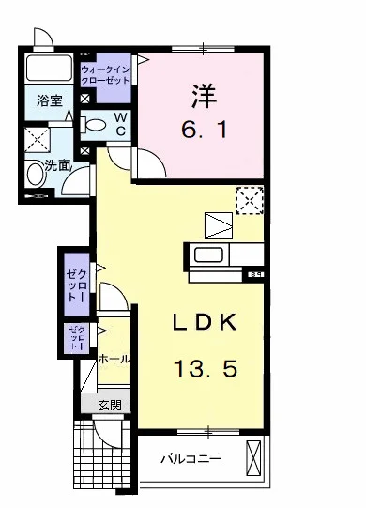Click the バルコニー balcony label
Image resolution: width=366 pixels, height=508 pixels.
[x=190, y=460]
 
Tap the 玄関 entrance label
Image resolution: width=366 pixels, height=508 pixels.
[x=109, y=405]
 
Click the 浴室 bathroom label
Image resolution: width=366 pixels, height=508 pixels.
[x=49, y=100]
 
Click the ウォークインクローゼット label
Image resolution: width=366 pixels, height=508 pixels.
[x=106, y=74]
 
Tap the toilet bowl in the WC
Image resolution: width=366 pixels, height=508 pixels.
[x=97, y=123]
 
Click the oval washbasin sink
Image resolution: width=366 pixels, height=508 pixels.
[x=36, y=174]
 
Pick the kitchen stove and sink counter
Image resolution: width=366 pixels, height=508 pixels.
[x=225, y=254]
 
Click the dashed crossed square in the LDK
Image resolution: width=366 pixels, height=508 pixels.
[x=249, y=199]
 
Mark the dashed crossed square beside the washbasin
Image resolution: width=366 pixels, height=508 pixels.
[x=38, y=139]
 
